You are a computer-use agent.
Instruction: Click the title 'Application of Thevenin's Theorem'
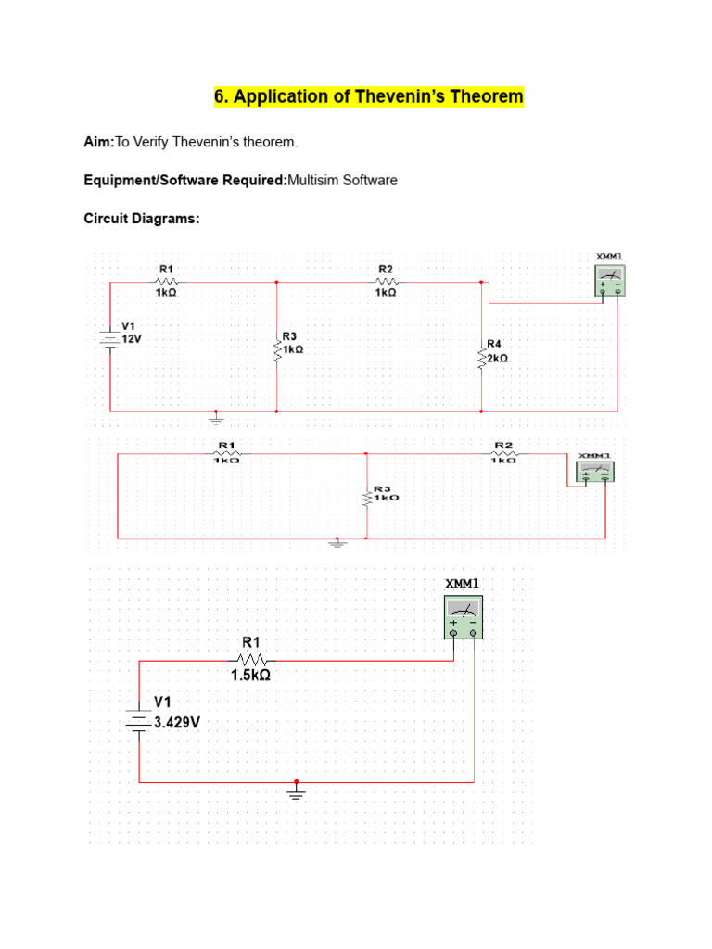(369, 96)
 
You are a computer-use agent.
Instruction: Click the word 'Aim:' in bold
(99, 142)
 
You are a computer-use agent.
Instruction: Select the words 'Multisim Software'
(342, 180)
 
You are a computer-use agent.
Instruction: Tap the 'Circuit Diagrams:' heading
(142, 219)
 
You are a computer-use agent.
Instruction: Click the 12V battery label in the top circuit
(132, 339)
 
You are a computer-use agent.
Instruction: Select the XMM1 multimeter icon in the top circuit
(609, 280)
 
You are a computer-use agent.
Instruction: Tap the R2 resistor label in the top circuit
(386, 269)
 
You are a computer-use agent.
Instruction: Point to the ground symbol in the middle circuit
(337, 543)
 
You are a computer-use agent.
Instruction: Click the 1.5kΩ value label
(250, 676)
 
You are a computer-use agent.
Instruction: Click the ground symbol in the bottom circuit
(297, 793)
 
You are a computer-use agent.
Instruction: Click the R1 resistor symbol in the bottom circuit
(251, 660)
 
